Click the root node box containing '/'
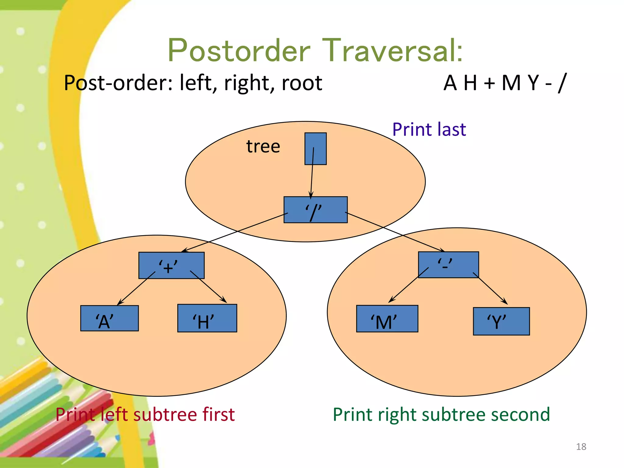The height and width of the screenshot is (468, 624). pos(315,210)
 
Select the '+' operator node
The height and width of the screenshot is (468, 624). pos(171,265)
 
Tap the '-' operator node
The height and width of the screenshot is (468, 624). pos(448,264)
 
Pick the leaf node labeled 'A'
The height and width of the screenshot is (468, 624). pos(109,318)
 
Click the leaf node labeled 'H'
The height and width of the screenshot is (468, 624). pos(207,318)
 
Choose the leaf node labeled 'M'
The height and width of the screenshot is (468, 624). pos(387,319)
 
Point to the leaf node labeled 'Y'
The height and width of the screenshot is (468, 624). pos(501,321)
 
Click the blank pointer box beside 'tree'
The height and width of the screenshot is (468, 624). pos(315,149)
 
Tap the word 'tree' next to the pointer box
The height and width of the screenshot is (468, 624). pos(263,146)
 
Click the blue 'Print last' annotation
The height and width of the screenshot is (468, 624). pos(429,129)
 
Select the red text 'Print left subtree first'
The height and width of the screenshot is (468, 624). pos(145,414)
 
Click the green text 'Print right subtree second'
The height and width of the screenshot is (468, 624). pos(441,414)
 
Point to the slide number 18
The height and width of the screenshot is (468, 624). pos(581,447)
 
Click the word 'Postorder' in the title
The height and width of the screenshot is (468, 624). pos(239,50)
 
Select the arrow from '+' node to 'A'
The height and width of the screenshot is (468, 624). pos(136,288)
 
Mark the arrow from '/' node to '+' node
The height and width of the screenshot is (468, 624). pos(235,232)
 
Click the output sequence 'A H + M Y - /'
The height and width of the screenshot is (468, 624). pos(505,83)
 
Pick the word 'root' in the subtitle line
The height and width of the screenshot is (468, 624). pos(302,83)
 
